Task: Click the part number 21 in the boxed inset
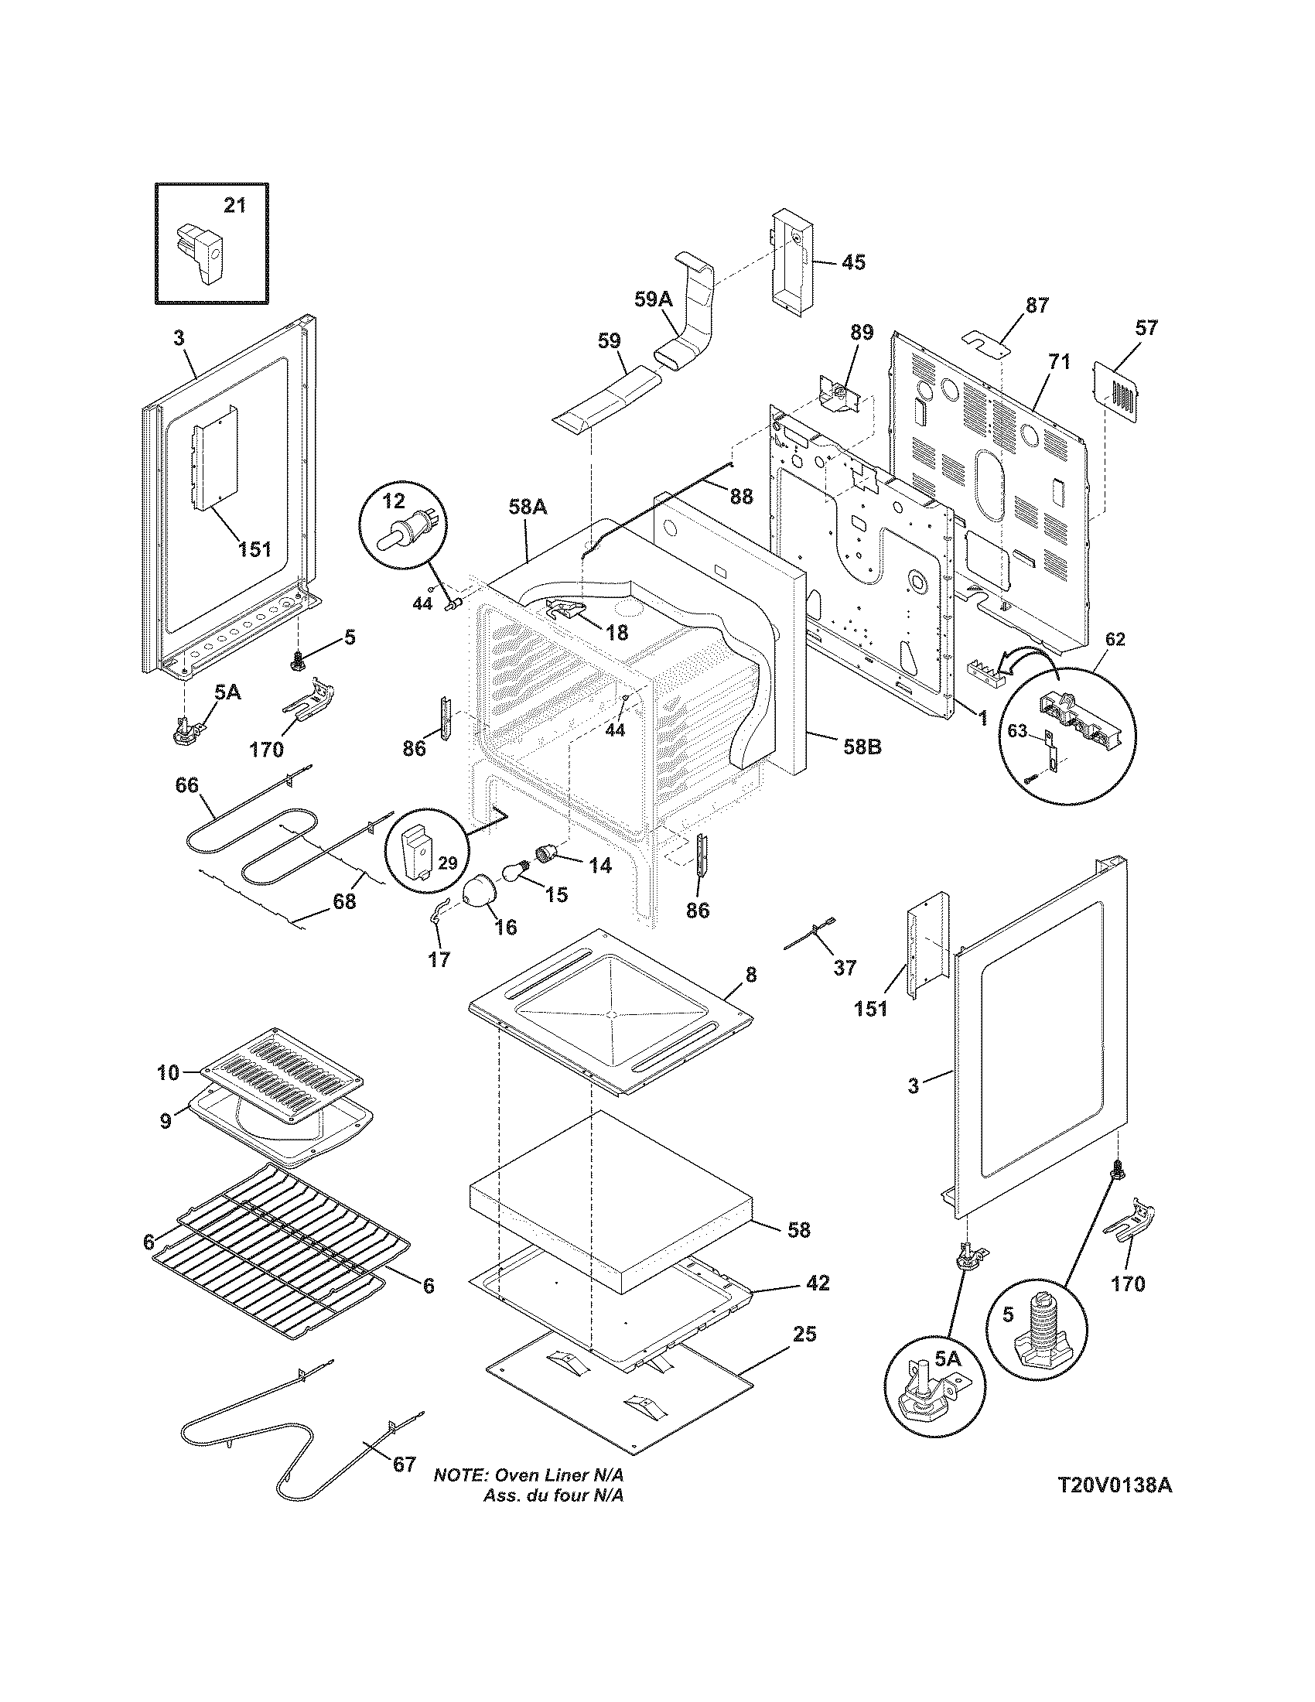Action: click(234, 205)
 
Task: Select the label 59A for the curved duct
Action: click(652, 299)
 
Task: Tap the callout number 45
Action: click(853, 261)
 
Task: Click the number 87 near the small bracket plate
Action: click(1037, 305)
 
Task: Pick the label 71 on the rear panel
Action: click(1059, 361)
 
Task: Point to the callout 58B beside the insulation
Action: click(862, 746)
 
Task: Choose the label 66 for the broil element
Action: click(186, 784)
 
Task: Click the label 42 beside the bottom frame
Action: click(817, 1282)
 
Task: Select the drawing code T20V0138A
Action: click(1115, 1506)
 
